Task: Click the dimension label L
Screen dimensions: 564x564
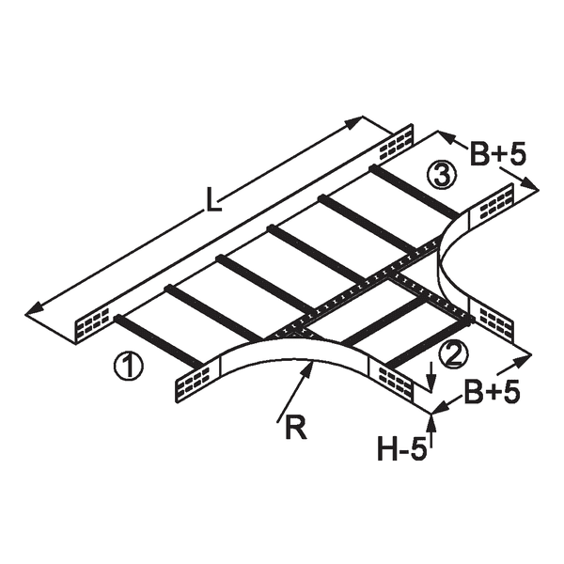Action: coord(213,202)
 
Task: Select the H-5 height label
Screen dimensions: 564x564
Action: coord(401,448)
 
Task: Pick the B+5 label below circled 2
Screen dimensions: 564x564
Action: coord(492,391)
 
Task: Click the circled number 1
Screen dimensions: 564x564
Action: coord(129,365)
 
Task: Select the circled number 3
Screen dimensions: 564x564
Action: coord(442,174)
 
